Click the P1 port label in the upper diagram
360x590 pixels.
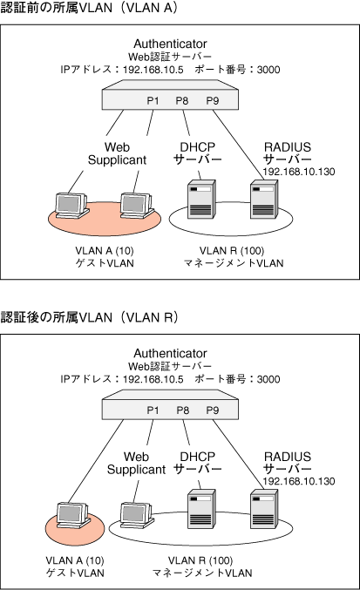[153, 101]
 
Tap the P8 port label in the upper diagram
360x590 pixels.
[182, 101]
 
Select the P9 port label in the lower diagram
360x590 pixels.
[213, 410]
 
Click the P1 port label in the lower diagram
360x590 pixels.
[153, 410]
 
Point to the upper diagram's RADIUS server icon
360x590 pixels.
[264, 199]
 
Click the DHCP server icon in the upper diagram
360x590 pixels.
[201, 199]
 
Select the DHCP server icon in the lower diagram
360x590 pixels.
[201, 509]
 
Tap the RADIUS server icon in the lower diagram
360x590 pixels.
[264, 509]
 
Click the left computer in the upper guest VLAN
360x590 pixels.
[71, 206]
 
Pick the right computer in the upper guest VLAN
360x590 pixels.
[137, 206]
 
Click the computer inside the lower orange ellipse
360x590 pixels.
[73, 516]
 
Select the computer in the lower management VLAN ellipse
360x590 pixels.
[137, 516]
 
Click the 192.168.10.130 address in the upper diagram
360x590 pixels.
[299, 172]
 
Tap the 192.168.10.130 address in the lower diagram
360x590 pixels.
[299, 481]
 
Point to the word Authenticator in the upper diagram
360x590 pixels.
[170, 44]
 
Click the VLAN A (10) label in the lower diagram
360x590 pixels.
[75, 560]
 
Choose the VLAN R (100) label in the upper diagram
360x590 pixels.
[232, 251]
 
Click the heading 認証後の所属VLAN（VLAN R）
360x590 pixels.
[89, 317]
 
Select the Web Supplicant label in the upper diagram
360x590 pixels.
[117, 153]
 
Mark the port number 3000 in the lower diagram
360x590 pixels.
[268, 379]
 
